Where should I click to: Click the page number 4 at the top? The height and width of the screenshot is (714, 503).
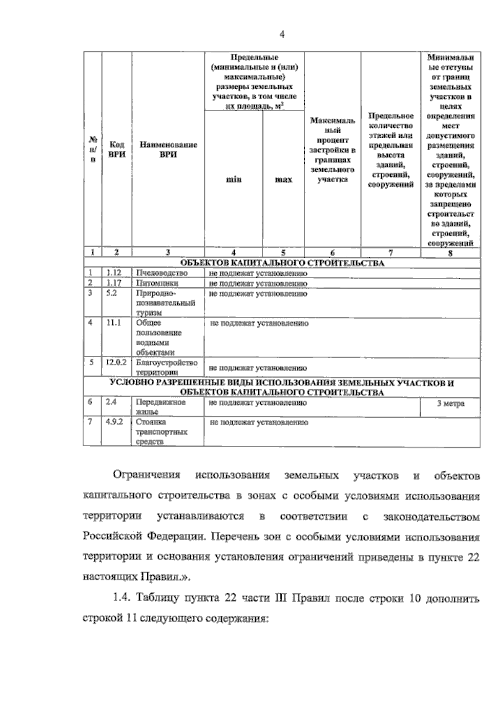[282, 35]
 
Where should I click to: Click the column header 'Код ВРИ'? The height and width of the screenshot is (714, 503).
[117, 149]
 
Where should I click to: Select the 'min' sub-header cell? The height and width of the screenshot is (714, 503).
[233, 179]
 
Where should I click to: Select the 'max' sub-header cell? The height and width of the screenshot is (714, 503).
[283, 179]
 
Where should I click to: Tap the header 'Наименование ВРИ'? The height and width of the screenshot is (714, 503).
[168, 149]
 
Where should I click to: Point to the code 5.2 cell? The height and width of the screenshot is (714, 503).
[111, 293]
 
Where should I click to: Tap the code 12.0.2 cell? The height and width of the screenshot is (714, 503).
[116, 362]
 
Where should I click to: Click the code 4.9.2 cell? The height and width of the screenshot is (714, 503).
[114, 422]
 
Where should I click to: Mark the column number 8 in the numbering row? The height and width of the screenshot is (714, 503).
[450, 253]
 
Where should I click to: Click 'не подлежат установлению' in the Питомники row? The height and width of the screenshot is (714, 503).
[258, 284]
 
